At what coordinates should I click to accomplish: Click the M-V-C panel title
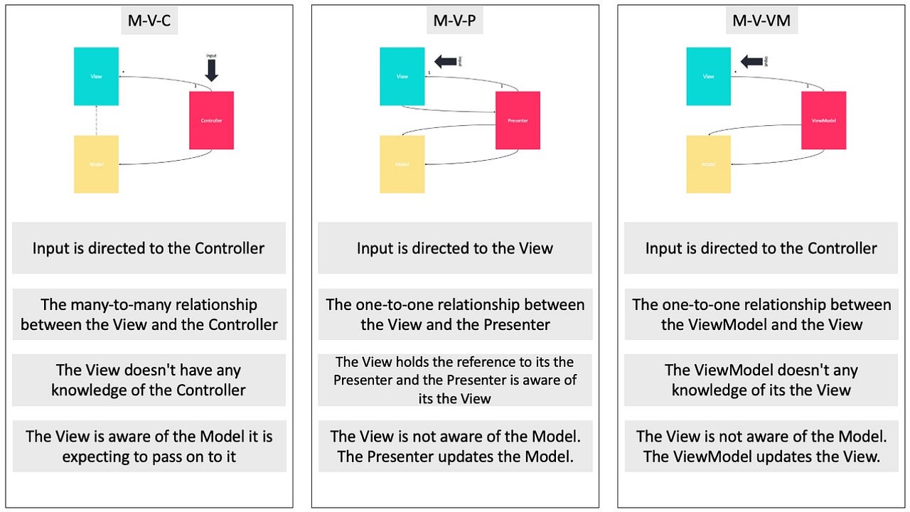point(149,21)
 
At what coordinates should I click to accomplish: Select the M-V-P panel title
point(454,21)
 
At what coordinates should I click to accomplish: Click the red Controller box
point(211,120)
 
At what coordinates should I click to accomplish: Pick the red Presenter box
point(518,120)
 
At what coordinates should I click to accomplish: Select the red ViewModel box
point(823,120)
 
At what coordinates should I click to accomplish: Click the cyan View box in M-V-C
point(96,76)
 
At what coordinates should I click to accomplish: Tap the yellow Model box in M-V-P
point(402,164)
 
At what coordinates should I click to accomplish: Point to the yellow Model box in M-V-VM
point(708,164)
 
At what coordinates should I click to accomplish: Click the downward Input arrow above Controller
point(211,70)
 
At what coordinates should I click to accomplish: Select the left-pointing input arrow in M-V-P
point(446,62)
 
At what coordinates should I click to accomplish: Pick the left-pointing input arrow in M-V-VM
point(752,62)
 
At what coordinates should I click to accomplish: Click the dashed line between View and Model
point(96,120)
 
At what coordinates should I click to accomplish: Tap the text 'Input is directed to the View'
point(454,248)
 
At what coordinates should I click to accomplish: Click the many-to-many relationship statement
point(149,314)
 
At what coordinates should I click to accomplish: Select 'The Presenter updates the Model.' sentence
point(455,457)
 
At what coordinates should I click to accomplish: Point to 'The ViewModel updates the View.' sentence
point(761,457)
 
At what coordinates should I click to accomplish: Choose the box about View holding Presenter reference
point(454,380)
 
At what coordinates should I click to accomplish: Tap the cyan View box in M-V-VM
point(708,76)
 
